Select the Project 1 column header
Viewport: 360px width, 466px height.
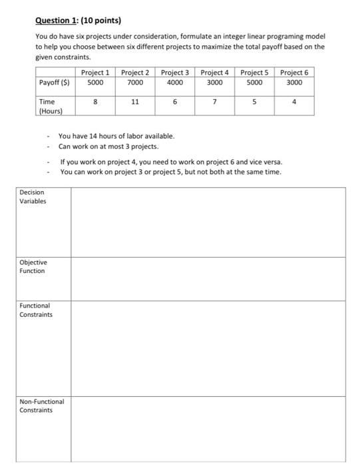pyautogui.click(x=95, y=72)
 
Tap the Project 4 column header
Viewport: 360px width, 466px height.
pyautogui.click(x=215, y=72)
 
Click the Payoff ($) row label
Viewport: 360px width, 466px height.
pyautogui.click(x=55, y=83)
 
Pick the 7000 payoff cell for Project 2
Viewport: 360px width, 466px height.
pyautogui.click(x=134, y=83)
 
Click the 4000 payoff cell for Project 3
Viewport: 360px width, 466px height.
pyautogui.click(x=174, y=83)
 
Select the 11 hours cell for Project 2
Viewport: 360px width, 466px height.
pyautogui.click(x=134, y=102)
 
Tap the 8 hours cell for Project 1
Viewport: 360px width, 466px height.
pyautogui.click(x=95, y=102)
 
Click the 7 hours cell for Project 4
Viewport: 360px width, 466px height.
pyautogui.click(x=215, y=102)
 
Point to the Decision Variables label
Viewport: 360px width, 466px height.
pyautogui.click(x=33, y=197)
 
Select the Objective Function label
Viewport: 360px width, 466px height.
pyautogui.click(x=33, y=267)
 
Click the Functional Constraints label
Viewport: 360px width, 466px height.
pyautogui.click(x=36, y=310)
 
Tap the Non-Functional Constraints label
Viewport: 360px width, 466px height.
pyautogui.click(x=42, y=405)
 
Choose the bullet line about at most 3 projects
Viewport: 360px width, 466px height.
pyautogui.click(x=108, y=146)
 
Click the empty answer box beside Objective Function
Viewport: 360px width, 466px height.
pyautogui.click(x=208, y=278)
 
